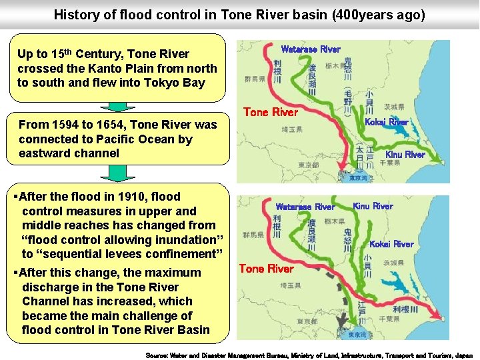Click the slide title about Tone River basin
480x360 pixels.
(239, 15)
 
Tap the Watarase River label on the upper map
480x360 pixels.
(310, 49)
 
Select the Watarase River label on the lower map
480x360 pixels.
(305, 207)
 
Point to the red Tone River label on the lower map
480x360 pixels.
(265, 269)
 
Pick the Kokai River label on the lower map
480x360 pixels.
(391, 244)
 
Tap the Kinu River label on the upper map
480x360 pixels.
(405, 155)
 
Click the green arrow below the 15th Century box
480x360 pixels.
(117, 107)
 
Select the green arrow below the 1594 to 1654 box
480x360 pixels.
(117, 173)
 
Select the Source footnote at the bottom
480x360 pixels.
(309, 355)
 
